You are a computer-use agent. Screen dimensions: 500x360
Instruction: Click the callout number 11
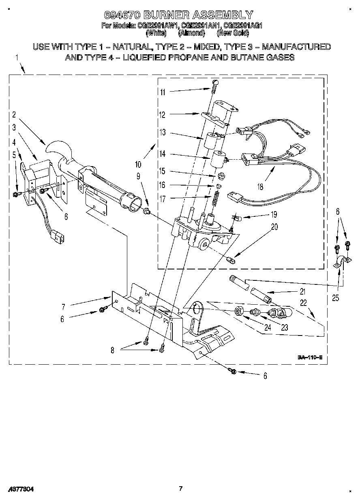click(163, 92)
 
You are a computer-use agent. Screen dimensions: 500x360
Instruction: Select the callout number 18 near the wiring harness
click(260, 187)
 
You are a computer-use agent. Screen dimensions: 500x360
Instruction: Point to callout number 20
click(274, 227)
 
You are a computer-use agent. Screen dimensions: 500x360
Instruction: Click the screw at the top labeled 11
click(215, 85)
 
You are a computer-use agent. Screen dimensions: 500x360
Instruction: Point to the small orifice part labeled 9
click(148, 211)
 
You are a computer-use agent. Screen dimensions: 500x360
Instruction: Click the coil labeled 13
click(212, 141)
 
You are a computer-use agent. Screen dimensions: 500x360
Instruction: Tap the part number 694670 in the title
click(122, 15)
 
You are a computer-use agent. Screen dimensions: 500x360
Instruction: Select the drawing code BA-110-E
click(310, 357)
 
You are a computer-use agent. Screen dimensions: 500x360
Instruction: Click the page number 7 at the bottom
click(181, 488)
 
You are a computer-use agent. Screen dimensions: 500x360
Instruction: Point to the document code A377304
click(20, 489)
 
